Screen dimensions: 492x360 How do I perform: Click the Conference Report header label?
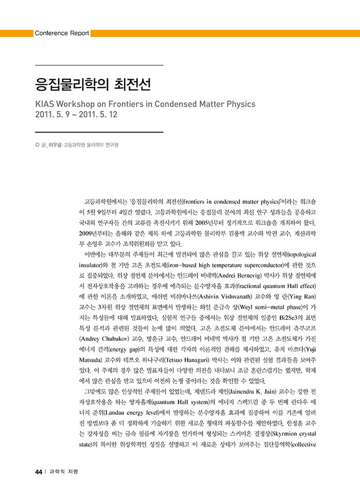tap(62, 33)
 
